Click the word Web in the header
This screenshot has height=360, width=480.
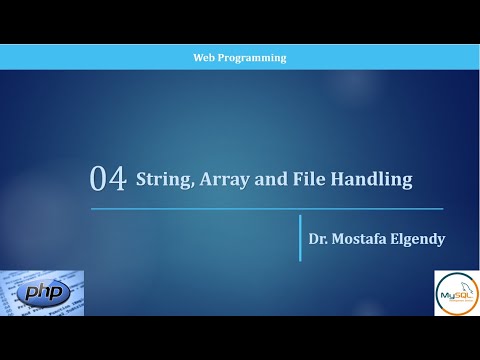coord(203,58)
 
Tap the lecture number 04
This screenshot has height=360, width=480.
coord(108,180)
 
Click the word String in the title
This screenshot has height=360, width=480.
coord(160,180)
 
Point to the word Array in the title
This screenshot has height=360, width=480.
coord(224,180)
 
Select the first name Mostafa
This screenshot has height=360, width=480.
coord(364,239)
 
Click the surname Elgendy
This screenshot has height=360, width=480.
coord(423,239)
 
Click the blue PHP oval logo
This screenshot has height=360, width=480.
coord(45,293)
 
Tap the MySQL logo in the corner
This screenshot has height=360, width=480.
coord(457,293)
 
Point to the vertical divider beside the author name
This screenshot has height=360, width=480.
coord(300,238)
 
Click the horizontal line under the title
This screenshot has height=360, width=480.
coord(266,209)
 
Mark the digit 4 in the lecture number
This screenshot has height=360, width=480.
coord(117,180)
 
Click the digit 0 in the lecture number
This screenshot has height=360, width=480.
coord(99,180)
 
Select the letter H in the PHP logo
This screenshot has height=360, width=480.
coord(45,293)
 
